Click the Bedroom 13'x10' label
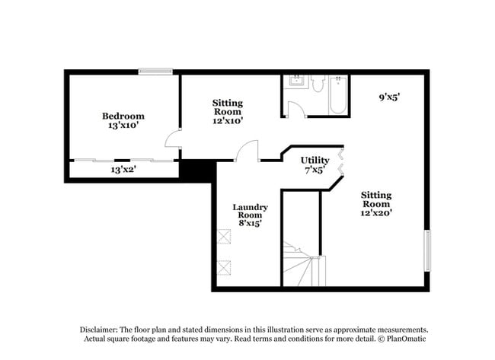[x=123, y=121]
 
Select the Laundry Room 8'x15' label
[x=250, y=215]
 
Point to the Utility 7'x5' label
[x=315, y=165]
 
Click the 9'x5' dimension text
[x=390, y=97]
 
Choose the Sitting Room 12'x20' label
[x=376, y=204]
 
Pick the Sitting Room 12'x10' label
[x=227, y=111]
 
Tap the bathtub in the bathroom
[x=338, y=95]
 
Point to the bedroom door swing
[x=174, y=139]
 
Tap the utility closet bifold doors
[x=340, y=161]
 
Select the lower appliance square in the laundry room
[x=224, y=267]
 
